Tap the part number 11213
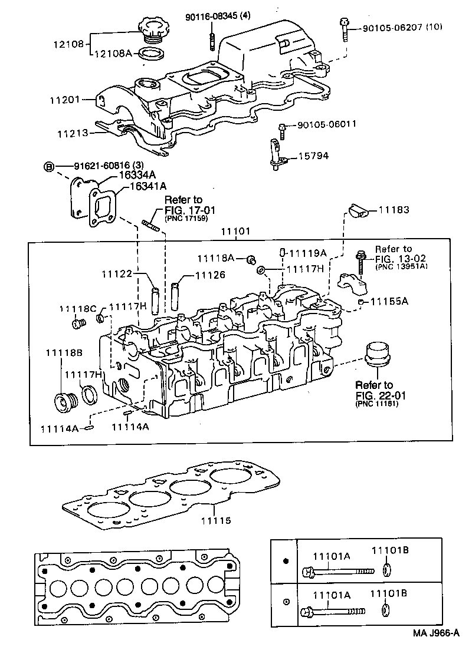coord(73,134)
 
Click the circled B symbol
coord(50,167)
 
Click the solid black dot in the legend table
coord(286,560)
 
